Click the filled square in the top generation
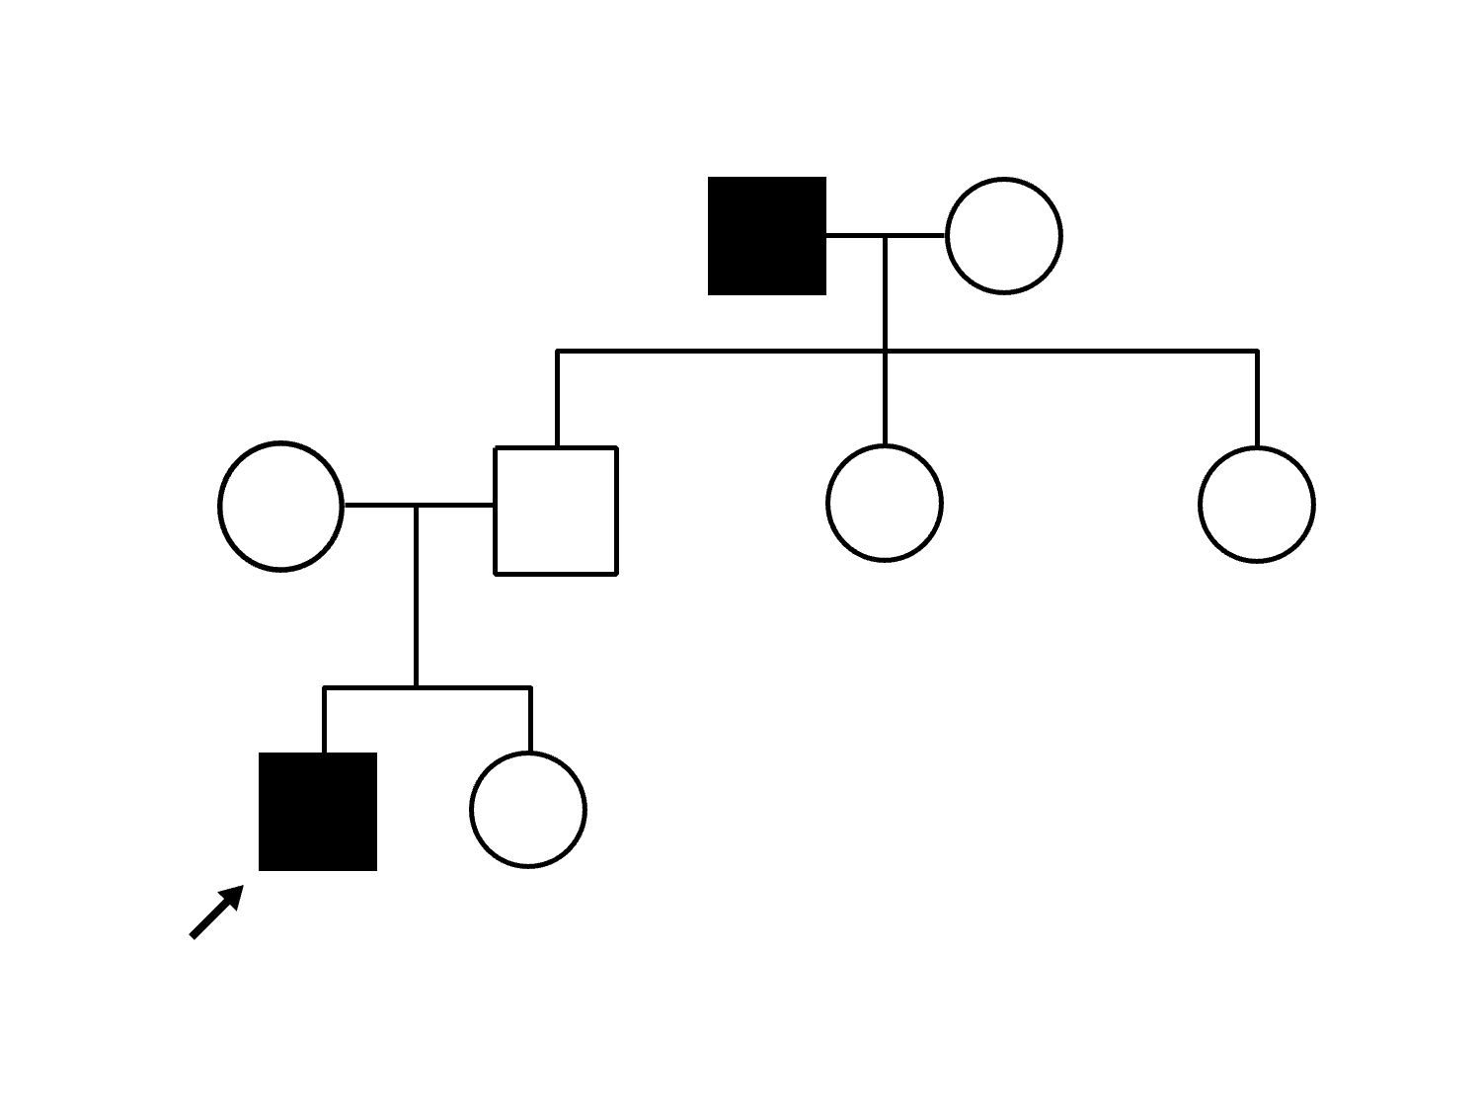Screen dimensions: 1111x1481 pos(767,236)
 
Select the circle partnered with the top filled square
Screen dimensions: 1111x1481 pos(1004,236)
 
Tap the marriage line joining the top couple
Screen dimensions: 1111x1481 pos(855,236)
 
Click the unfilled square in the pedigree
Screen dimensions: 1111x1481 pos(556,511)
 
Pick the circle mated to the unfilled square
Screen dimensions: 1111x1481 pos(281,507)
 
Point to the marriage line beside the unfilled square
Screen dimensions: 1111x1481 pos(454,506)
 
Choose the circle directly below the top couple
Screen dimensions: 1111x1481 pos(885,504)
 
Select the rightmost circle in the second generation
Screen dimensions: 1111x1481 pos(1257,505)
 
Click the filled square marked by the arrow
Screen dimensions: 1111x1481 pos(318,812)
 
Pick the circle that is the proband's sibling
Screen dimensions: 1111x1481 pos(528,810)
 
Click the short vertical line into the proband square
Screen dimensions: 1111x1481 pos(325,720)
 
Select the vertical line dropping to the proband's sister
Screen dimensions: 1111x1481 pos(530,720)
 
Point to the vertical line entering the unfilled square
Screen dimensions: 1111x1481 pos(558,399)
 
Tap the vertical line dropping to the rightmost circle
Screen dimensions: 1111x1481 pos(1257,399)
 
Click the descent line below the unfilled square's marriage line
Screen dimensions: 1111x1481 pos(417,596)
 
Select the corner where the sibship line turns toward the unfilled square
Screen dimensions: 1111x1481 pos(558,351)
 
